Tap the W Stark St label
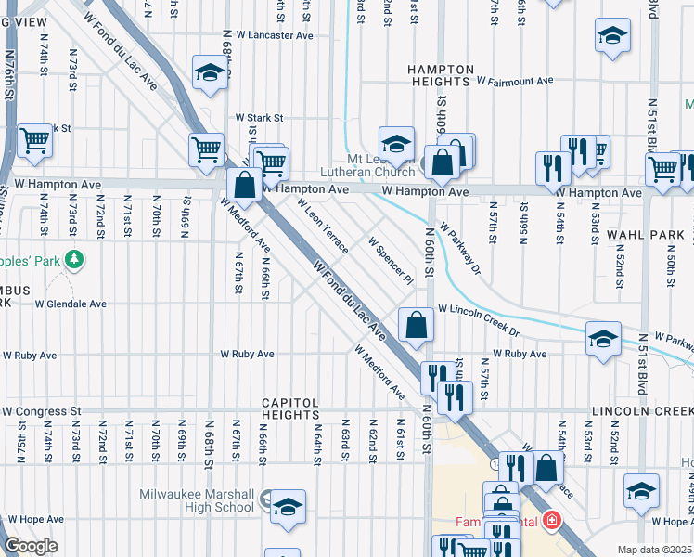258,118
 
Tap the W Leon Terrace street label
323,227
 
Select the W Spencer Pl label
390,260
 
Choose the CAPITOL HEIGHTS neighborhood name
290,411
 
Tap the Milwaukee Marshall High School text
197,500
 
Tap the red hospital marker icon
553,521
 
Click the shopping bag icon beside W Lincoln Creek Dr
417,324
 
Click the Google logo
32,546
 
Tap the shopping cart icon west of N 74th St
34,140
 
